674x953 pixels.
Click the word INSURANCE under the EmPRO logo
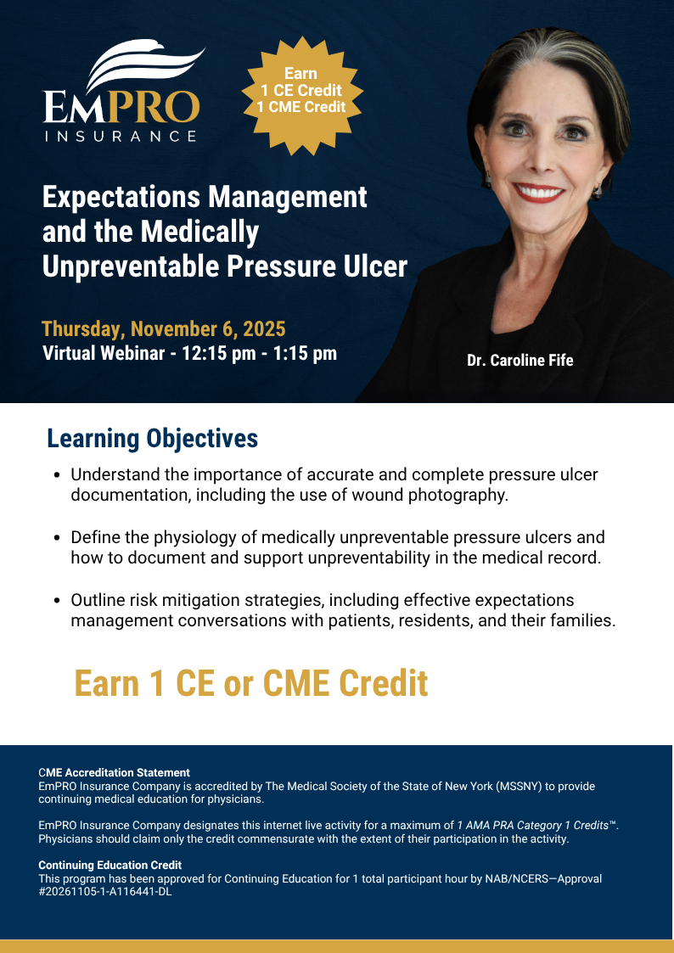pyautogui.click(x=121, y=136)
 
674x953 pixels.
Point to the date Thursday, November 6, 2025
pyautogui.click(x=164, y=328)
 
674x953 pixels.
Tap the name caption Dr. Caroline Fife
pyautogui.click(x=520, y=361)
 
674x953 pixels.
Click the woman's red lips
pyautogui.click(x=538, y=193)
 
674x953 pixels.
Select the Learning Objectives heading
pyautogui.click(x=153, y=438)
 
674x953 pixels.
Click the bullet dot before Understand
pyautogui.click(x=57, y=475)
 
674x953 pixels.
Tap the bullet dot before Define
pyautogui.click(x=57, y=538)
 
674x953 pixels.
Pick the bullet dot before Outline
pyautogui.click(x=57, y=601)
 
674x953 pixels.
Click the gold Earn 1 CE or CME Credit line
pyautogui.click(x=251, y=683)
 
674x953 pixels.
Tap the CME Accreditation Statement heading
pyautogui.click(x=115, y=772)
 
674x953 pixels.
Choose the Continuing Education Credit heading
pyautogui.click(x=110, y=865)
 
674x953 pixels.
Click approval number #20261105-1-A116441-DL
pyautogui.click(x=105, y=892)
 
